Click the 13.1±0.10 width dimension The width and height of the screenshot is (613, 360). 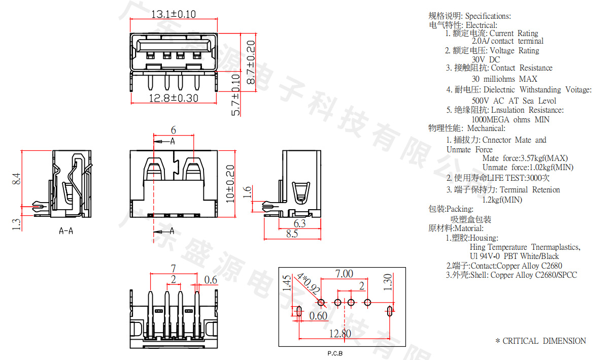pos(174,14)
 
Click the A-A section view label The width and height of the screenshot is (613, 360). pos(66,232)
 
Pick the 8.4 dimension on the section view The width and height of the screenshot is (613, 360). pos(16,179)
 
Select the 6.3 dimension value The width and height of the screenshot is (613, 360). pos(300,223)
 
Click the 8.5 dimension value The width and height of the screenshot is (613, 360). pos(292,234)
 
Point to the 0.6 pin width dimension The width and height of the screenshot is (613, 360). pos(210,280)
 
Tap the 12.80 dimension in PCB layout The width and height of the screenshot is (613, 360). pos(339,334)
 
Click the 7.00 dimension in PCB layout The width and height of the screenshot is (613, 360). pos(344,274)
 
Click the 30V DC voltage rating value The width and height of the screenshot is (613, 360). pos(486,59)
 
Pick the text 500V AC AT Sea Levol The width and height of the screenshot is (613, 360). pos(514,101)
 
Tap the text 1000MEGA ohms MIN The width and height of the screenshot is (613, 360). pos(510,120)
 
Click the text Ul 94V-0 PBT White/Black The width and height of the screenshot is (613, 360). pos(514,256)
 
